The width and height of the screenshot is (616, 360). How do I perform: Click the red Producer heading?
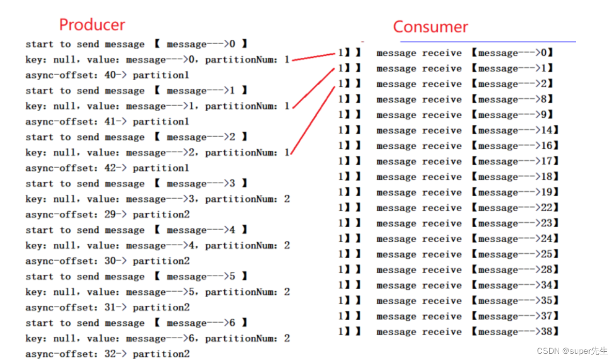point(92,24)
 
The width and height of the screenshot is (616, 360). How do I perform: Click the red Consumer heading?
point(430,26)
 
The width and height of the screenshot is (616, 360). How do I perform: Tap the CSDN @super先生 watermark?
point(572,351)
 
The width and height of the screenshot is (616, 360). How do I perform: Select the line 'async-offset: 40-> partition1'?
point(107,75)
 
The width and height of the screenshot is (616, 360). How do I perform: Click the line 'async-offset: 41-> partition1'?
point(107,122)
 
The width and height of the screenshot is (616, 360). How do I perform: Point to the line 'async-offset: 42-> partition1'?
point(107,168)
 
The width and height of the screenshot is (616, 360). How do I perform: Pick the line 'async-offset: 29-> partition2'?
point(107,215)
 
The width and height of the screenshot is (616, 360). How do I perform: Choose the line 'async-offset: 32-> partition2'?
point(107,354)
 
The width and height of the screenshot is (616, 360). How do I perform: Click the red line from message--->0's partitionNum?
point(314,57)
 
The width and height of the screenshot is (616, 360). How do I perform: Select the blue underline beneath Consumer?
point(488,41)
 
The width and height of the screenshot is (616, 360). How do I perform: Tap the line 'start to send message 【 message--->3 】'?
point(136,184)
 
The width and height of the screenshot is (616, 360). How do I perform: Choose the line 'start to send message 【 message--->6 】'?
point(136,323)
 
